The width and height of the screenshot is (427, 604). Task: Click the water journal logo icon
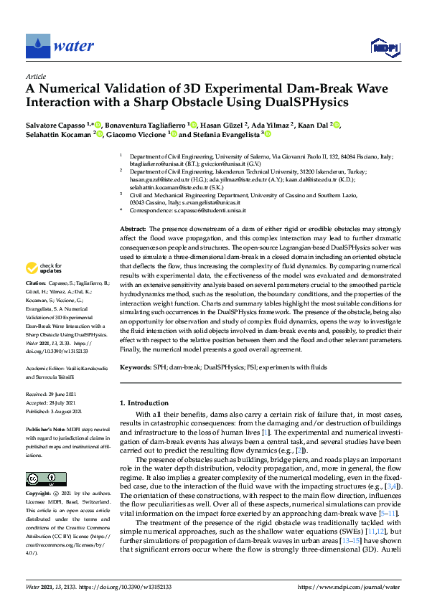point(37,47)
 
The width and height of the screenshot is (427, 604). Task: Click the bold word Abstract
point(132,227)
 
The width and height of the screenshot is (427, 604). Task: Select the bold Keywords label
point(136,367)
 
